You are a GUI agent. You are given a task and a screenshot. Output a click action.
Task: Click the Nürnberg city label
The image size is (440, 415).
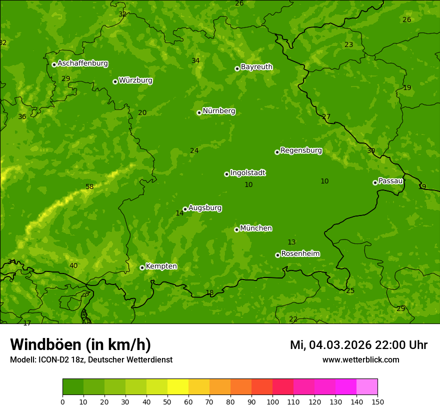pos(218,111)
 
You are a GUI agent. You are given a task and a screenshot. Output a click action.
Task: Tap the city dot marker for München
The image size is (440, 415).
pos(236,229)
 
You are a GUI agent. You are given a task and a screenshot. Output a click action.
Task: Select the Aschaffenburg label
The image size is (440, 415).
pos(82,63)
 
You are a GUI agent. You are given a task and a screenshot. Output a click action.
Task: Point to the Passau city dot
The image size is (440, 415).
pos(375,182)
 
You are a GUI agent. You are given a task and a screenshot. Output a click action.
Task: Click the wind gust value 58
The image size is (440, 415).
pos(89,187)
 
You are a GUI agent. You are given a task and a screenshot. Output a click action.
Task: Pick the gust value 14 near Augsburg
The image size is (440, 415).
pos(179,213)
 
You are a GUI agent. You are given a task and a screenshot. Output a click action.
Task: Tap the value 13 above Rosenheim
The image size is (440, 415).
pos(291,242)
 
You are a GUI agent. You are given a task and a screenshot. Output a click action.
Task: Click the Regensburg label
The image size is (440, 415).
pos(301,150)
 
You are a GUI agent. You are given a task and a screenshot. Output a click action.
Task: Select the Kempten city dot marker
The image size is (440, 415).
pos(142,267)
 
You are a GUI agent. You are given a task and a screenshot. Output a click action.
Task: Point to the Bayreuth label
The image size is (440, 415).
pos(256,67)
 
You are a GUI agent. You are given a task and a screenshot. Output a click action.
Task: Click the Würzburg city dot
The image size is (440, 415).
pos(115,81)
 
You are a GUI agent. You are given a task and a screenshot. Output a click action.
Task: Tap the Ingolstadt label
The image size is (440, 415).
pos(247,173)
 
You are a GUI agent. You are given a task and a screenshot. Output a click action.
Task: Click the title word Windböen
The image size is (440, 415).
pos(45,344)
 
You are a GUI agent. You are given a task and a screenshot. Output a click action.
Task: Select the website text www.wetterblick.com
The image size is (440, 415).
pos(360,360)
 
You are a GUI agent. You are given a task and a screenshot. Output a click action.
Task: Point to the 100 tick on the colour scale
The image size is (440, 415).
pos(272,401)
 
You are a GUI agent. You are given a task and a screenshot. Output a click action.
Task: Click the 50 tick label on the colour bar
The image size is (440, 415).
pos(167,401)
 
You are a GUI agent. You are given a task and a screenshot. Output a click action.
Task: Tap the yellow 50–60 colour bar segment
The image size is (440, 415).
pos(178,387)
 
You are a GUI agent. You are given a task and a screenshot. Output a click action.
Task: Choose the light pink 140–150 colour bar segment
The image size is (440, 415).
pos(367,387)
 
